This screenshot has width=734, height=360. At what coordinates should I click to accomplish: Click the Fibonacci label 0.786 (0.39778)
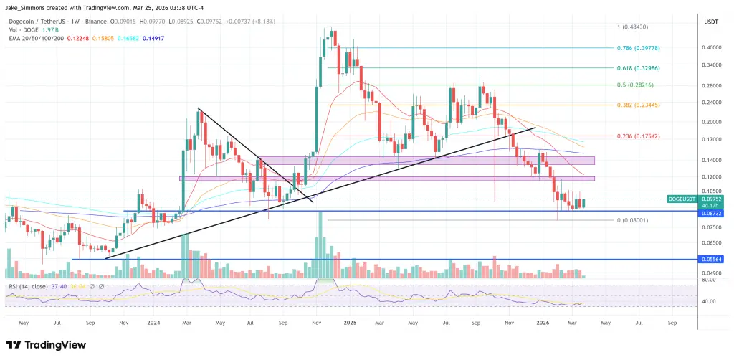[637, 48]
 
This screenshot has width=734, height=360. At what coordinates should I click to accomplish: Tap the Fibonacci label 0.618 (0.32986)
[637, 67]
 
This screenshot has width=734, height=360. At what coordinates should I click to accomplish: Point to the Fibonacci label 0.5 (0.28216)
[634, 85]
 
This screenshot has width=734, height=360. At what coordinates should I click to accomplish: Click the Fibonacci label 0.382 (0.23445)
[637, 105]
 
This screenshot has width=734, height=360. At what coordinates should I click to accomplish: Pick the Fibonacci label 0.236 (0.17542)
[637, 136]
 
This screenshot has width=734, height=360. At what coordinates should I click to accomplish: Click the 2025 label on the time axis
[350, 323]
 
